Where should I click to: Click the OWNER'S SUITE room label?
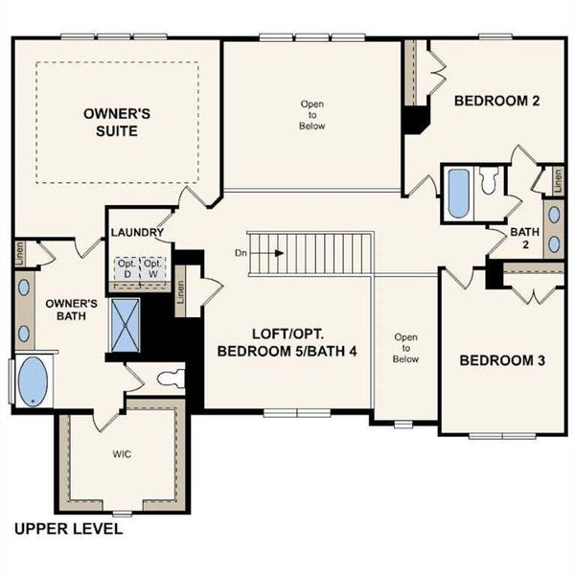[116, 121]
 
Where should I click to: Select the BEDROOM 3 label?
[502, 360]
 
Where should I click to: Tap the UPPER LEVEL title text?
[67, 528]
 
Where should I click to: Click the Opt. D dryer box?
[126, 268]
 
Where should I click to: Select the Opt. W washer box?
[151, 268]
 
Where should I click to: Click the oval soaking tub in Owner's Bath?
[34, 381]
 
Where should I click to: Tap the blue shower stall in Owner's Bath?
[126, 323]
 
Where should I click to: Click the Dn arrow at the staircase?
[268, 254]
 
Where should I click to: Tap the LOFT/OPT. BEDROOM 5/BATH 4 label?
[287, 343]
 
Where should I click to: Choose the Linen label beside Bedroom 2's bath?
[554, 179]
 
